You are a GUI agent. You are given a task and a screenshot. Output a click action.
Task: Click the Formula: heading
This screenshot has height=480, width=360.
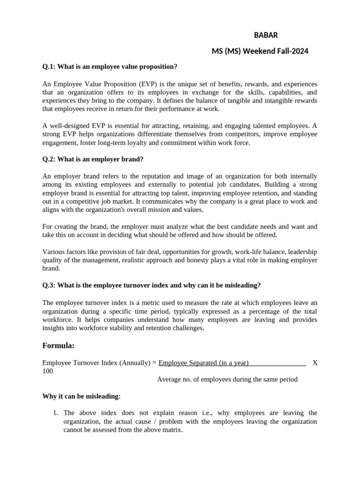(59, 345)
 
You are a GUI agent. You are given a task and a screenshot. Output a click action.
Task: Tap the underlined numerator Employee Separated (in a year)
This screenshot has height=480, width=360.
(203, 363)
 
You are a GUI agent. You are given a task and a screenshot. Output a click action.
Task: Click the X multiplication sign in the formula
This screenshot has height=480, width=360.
(315, 363)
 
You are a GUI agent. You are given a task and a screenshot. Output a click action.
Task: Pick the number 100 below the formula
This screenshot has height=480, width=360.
(47, 371)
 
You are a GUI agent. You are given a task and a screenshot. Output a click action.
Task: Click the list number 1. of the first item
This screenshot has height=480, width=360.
(55, 413)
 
